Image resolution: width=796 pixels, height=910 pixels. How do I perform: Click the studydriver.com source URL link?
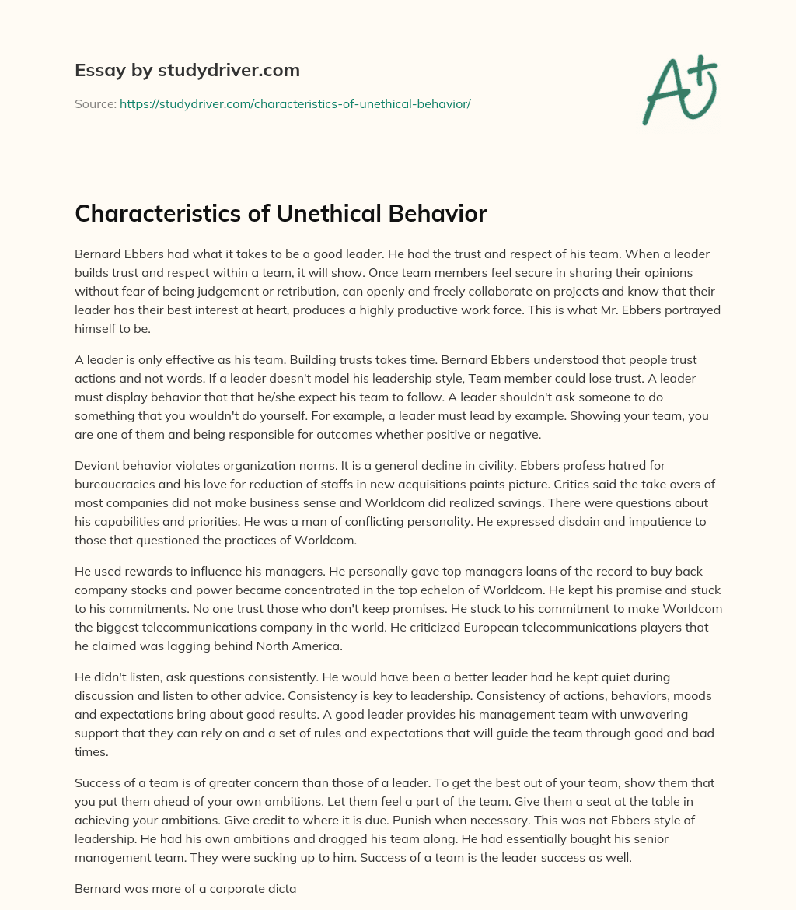[295, 103]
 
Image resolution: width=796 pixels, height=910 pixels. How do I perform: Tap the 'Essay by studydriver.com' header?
[187, 70]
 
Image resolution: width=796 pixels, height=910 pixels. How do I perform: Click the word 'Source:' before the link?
[96, 103]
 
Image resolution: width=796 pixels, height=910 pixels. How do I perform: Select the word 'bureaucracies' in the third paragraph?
[115, 484]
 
